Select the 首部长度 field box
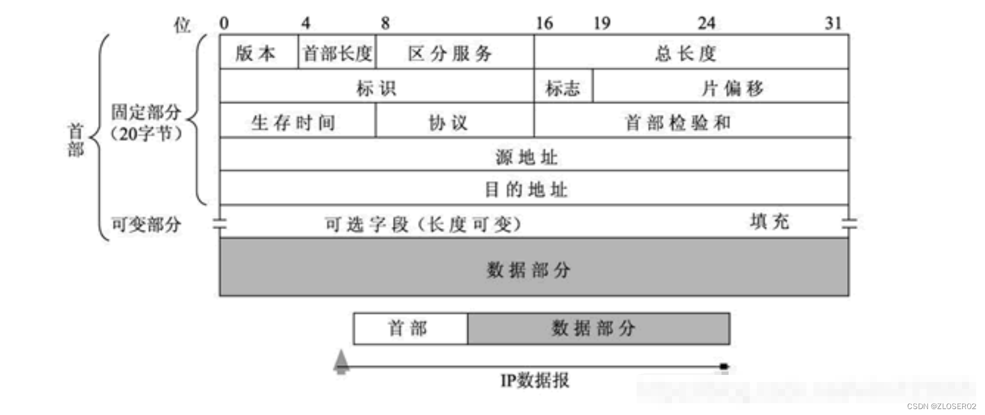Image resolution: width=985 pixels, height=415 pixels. (337, 52)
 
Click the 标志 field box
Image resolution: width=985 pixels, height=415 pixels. (563, 88)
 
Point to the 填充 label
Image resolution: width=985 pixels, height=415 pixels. (769, 222)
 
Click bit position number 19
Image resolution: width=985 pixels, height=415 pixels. (602, 24)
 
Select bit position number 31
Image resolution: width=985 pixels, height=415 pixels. (833, 24)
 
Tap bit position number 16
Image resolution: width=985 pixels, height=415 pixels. (544, 24)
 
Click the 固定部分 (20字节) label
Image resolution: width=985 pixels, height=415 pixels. (146, 123)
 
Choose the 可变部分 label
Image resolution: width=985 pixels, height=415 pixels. (146, 224)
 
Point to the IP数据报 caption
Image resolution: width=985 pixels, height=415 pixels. (535, 381)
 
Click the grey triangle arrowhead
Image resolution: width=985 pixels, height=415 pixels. (341, 362)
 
